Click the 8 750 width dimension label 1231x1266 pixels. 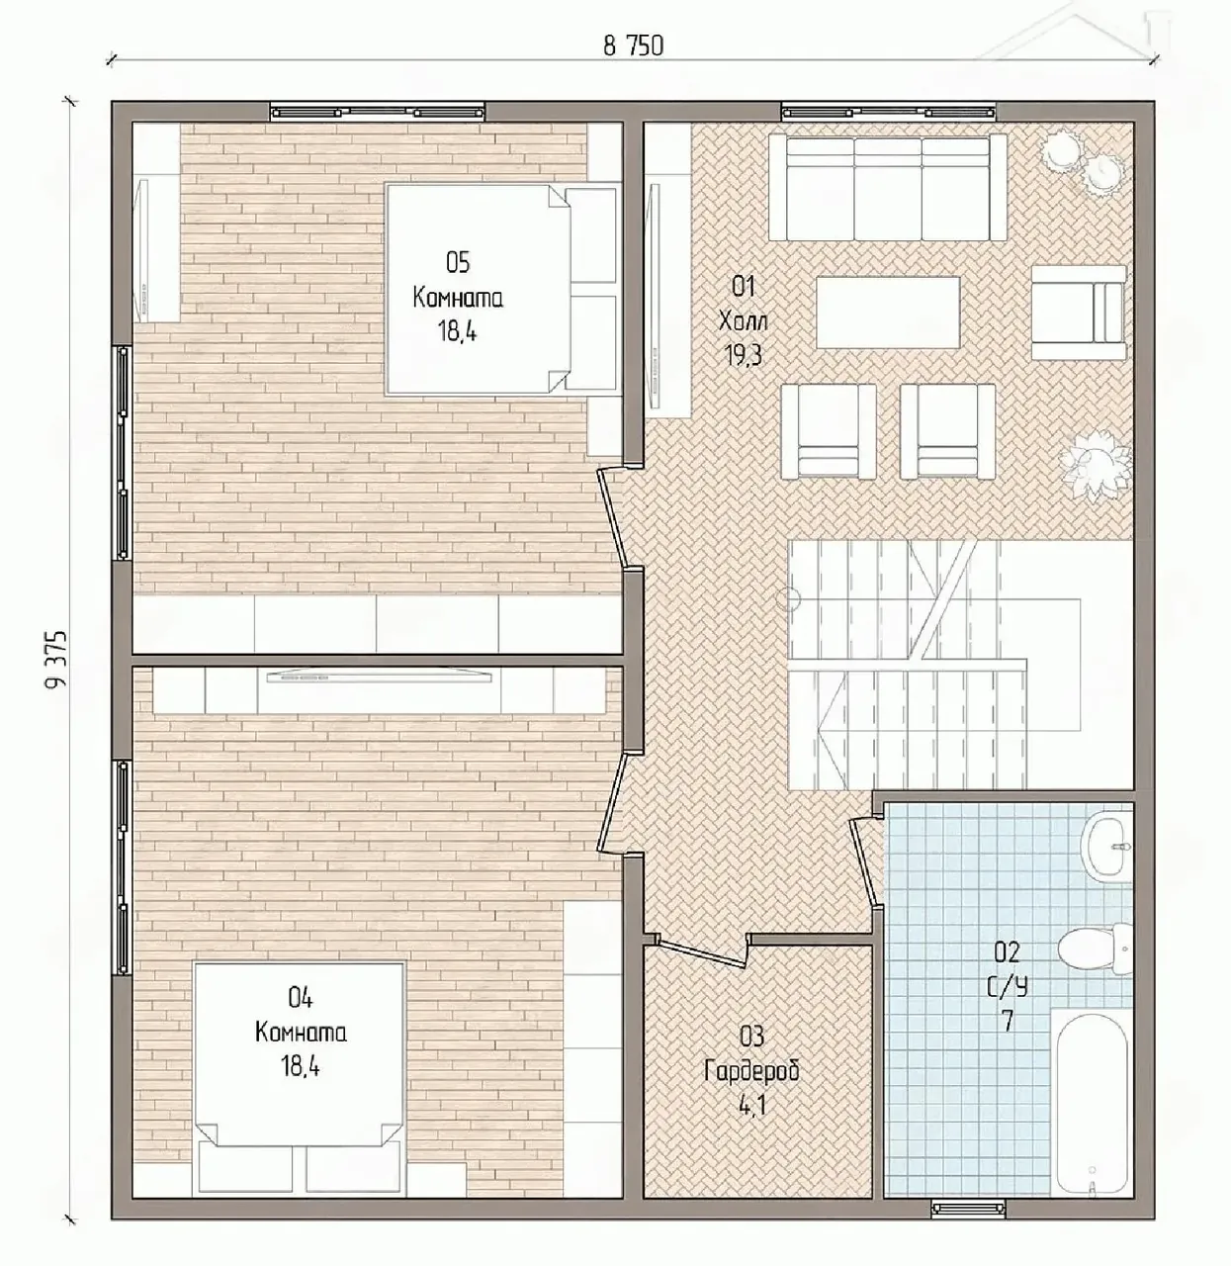(x=633, y=46)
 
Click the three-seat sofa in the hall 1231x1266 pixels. (x=888, y=188)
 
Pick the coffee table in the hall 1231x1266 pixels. (x=888, y=313)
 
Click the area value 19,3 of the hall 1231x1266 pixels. (x=743, y=355)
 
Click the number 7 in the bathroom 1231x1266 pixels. (x=1008, y=1039)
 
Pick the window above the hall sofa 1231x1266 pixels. (x=888, y=112)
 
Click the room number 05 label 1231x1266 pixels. (x=457, y=263)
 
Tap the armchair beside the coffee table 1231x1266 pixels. (x=1078, y=313)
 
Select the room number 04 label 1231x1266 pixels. (x=300, y=998)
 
